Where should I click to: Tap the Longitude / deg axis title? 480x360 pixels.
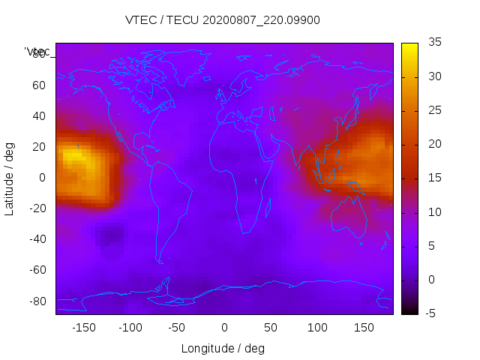pos(223,348)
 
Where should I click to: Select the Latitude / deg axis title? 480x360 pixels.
pos(10,178)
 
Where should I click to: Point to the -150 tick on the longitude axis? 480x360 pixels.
pos(84,328)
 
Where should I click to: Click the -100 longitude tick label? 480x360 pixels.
pos(130,328)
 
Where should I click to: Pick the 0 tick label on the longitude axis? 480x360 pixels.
pos(223,328)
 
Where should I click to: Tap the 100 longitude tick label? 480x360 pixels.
pos(317,328)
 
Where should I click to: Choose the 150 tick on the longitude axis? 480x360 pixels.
pos(364,328)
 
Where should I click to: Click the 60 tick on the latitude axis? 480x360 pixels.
pos(39,85)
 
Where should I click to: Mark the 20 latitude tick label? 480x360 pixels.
pos(39,146)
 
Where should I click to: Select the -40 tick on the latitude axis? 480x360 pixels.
pos(37,239)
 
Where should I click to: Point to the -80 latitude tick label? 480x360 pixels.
pos(37,301)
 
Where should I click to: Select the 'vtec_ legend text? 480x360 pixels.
pos(37,52)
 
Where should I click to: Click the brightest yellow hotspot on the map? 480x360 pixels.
pos(72,155)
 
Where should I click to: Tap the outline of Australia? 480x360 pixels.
pos(349,217)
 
